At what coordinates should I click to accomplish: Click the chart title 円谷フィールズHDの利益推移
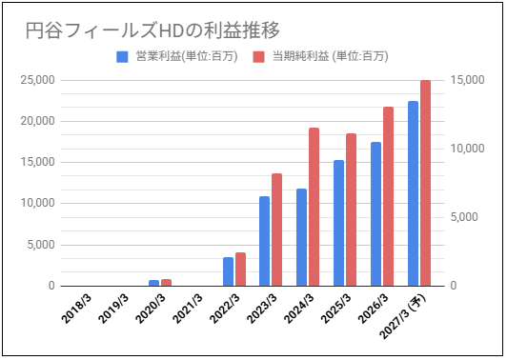click(x=152, y=30)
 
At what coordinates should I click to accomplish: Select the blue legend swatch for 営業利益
click(x=122, y=57)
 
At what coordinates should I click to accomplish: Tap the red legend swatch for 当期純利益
click(x=258, y=57)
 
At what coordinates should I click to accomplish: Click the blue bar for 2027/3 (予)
click(x=413, y=193)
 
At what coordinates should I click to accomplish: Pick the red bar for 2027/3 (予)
click(x=425, y=183)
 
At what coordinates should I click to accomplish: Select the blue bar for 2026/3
click(x=375, y=214)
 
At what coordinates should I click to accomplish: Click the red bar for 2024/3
click(x=314, y=207)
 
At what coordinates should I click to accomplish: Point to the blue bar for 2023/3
click(x=265, y=241)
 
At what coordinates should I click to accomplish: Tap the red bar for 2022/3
click(x=240, y=270)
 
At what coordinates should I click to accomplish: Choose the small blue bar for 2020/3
click(x=154, y=283)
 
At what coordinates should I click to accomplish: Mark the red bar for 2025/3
click(x=351, y=210)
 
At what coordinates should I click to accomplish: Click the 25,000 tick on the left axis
click(x=38, y=80)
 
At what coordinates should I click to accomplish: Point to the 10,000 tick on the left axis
click(x=38, y=203)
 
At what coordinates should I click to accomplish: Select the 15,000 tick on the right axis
click(x=468, y=80)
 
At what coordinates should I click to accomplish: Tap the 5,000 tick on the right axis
click(x=464, y=217)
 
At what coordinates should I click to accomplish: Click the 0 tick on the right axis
click(x=454, y=286)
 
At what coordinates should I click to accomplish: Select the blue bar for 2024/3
click(x=302, y=237)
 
